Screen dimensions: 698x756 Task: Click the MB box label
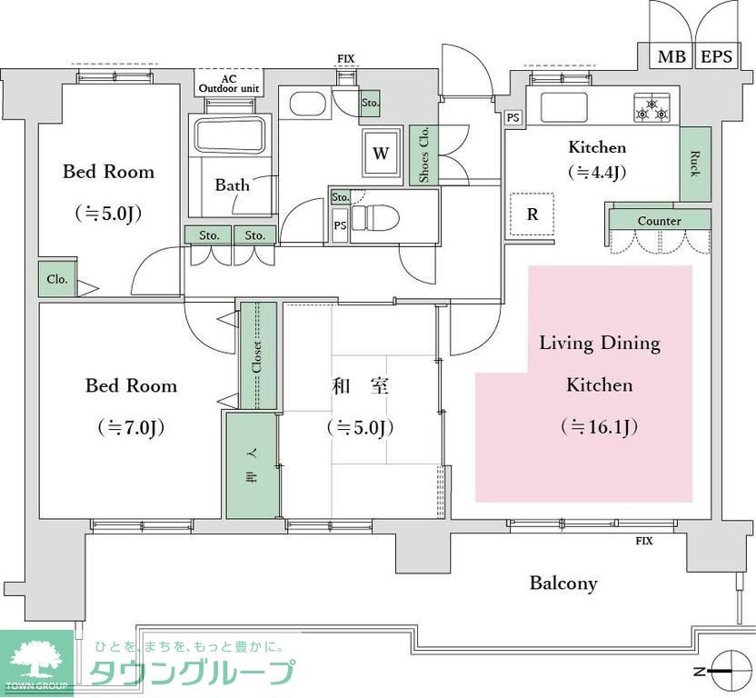point(671,56)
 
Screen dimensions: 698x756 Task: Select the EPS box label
point(716,56)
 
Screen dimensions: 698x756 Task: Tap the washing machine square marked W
point(381,153)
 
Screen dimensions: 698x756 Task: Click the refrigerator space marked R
point(532,214)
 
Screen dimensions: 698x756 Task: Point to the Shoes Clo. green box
point(423,155)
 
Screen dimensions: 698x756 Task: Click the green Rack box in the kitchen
point(695,164)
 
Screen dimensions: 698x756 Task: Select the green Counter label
point(659,221)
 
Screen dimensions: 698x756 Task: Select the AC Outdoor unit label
point(230,84)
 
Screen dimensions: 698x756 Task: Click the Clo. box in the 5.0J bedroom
point(57,280)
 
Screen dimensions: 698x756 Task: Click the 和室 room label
point(361,385)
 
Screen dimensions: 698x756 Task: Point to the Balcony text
point(563,583)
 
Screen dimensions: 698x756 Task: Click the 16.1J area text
point(599,426)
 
